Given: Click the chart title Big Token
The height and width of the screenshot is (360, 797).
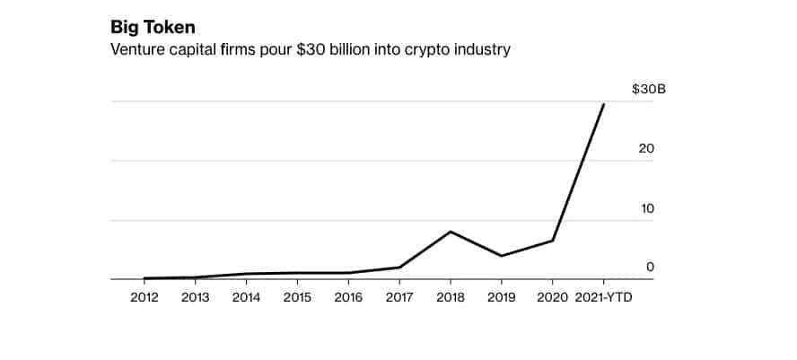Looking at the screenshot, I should pos(153,27).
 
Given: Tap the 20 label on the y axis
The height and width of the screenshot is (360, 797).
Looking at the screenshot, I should pos(646,149).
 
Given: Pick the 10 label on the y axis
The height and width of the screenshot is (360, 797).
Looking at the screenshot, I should pos(646,208).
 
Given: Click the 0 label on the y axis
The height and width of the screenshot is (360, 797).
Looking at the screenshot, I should pos(650,267).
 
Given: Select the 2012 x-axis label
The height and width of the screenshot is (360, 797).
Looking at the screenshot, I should pos(145,297).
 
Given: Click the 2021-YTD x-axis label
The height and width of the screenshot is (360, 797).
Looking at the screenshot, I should pos(602,297).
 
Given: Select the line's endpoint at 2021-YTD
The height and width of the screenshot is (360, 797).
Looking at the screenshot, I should pos(603,104).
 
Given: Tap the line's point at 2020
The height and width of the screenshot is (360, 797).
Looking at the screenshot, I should pos(553,241).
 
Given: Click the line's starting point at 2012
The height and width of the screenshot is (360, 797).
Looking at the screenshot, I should pos(145,278).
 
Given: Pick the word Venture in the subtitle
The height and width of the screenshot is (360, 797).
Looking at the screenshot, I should pos(136,49).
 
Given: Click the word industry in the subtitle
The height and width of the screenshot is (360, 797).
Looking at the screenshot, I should pos(484,50).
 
